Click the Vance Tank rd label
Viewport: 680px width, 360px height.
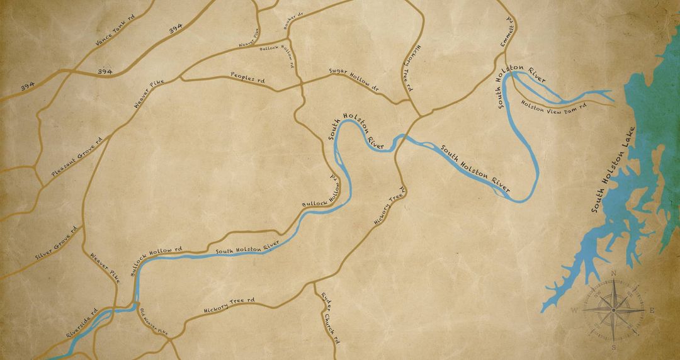tap(115, 31)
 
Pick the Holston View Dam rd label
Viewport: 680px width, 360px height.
tap(554, 107)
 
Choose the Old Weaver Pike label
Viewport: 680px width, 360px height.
tap(154, 321)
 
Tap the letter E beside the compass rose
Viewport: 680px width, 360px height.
tap(652, 310)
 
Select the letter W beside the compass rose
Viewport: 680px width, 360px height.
tap(574, 311)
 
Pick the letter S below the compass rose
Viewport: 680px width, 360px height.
tap(613, 347)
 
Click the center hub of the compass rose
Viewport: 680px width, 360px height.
tap(613, 310)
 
